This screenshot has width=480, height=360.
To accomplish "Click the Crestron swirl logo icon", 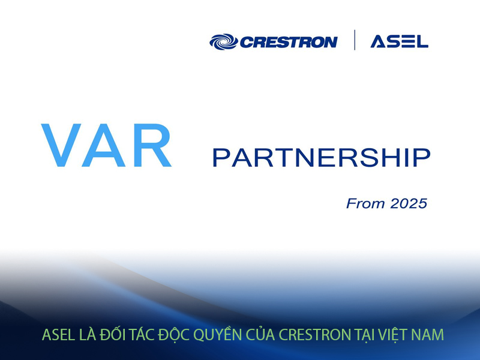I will [223, 41].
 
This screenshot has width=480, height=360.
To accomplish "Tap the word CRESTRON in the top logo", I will [288, 42].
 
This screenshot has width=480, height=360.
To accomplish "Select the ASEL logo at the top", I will [399, 41].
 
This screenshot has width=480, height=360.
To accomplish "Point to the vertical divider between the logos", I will [354, 40].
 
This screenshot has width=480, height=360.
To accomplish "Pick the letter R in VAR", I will [152, 145].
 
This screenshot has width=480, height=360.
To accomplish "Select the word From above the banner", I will [365, 203].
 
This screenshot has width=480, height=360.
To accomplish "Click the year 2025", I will [409, 203].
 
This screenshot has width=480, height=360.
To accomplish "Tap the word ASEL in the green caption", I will [57, 335].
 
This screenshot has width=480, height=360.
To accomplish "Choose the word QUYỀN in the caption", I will [227, 334].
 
